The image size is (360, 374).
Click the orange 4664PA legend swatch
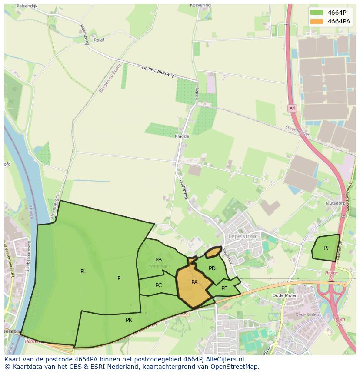[317, 21]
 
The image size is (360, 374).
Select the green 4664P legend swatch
[317, 12]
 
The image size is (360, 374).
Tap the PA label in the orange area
[195, 282]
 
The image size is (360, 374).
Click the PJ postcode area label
[326, 248]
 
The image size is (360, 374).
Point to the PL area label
[83, 271]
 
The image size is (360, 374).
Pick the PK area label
[129, 320]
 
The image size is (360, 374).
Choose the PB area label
[158, 260]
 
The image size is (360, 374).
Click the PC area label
[158, 285]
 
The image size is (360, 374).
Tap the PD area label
[212, 268]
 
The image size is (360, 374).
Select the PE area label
[224, 288]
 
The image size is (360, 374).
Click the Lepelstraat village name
[243, 236]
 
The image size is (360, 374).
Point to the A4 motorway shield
[292, 108]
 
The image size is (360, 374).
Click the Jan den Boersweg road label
[157, 72]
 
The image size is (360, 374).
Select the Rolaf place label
[99, 40]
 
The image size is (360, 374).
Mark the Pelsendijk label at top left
[27, 7]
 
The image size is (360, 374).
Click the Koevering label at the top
[200, 5]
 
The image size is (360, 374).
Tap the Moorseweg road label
[83, 31]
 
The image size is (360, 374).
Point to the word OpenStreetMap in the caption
[237, 367]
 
